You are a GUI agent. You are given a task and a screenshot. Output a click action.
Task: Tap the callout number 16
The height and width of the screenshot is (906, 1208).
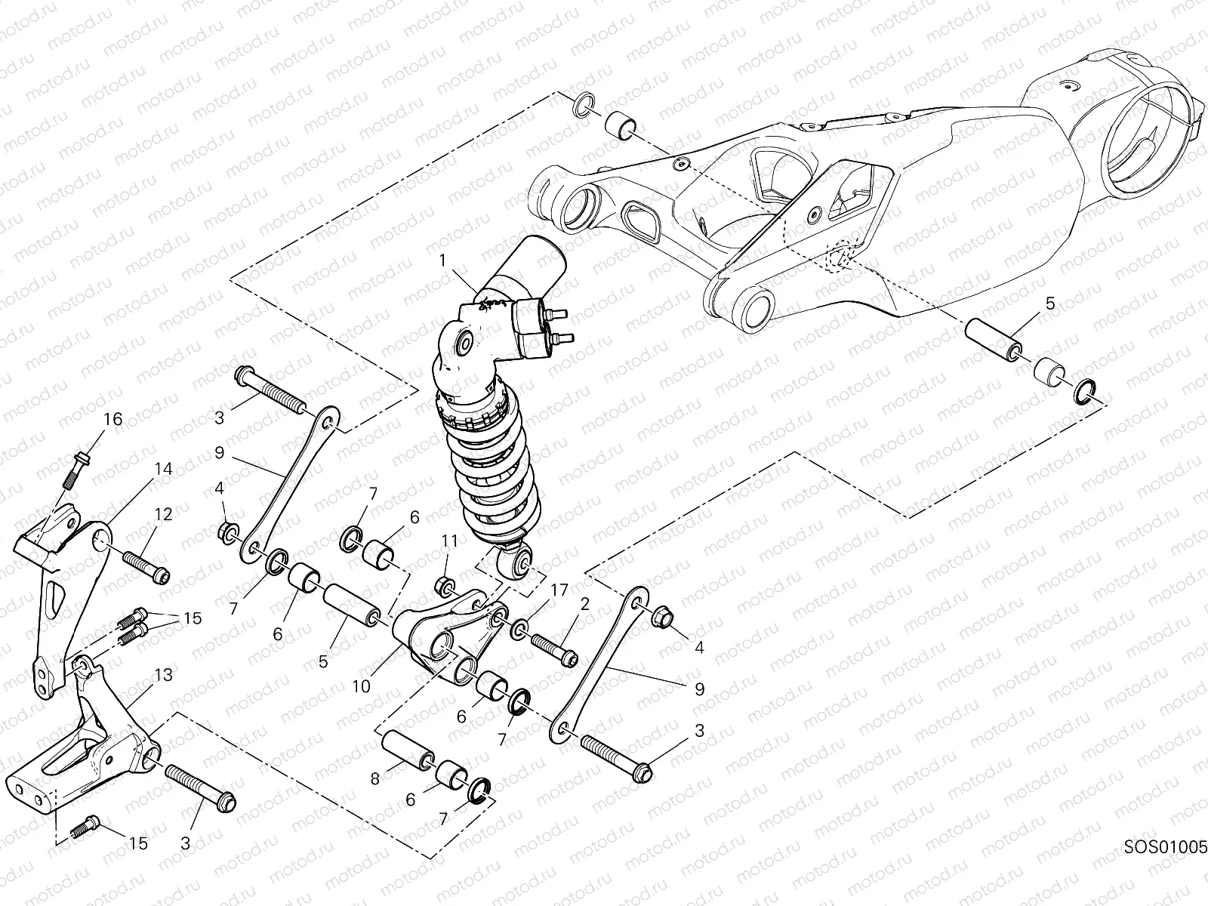[112, 420]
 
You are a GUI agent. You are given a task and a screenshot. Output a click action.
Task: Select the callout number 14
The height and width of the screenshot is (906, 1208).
[164, 469]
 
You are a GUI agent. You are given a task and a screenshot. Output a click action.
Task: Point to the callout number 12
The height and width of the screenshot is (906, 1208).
[163, 514]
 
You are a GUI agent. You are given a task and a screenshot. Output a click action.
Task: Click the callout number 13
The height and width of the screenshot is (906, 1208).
[163, 673]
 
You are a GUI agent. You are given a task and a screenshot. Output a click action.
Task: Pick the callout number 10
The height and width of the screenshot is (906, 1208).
[362, 686]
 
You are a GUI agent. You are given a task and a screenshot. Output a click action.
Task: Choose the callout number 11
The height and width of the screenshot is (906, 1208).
[450, 541]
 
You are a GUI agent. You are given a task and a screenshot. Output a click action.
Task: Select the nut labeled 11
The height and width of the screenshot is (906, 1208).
[446, 585]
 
